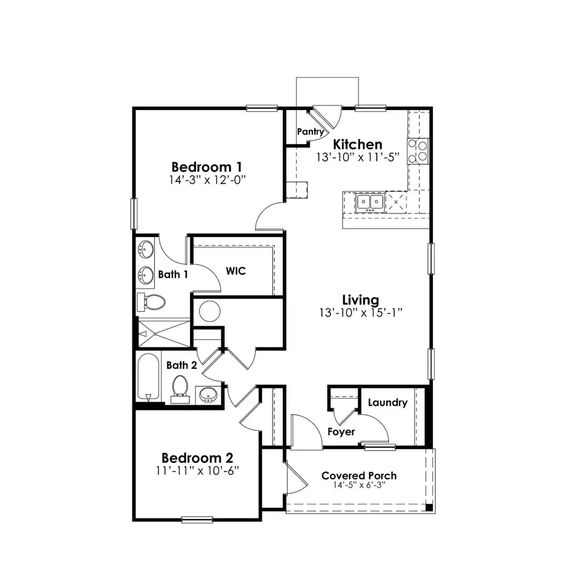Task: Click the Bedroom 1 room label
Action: (207, 167)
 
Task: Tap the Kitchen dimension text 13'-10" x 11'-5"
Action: (358, 157)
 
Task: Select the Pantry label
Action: (311, 132)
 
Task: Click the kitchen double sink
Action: (369, 201)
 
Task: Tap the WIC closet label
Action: (236, 271)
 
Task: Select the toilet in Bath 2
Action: (180, 386)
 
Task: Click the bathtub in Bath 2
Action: (148, 378)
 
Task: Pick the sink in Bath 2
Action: (208, 395)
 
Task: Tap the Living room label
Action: (360, 299)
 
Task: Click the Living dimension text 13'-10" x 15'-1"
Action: (360, 311)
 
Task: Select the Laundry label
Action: (387, 402)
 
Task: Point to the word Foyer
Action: (341, 432)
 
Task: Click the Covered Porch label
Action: (359, 476)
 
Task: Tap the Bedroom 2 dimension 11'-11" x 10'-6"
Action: (198, 470)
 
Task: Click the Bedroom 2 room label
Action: (198, 457)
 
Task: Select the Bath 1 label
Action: (173, 275)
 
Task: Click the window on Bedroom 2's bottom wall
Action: (196, 520)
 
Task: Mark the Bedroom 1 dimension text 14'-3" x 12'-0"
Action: (207, 179)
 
